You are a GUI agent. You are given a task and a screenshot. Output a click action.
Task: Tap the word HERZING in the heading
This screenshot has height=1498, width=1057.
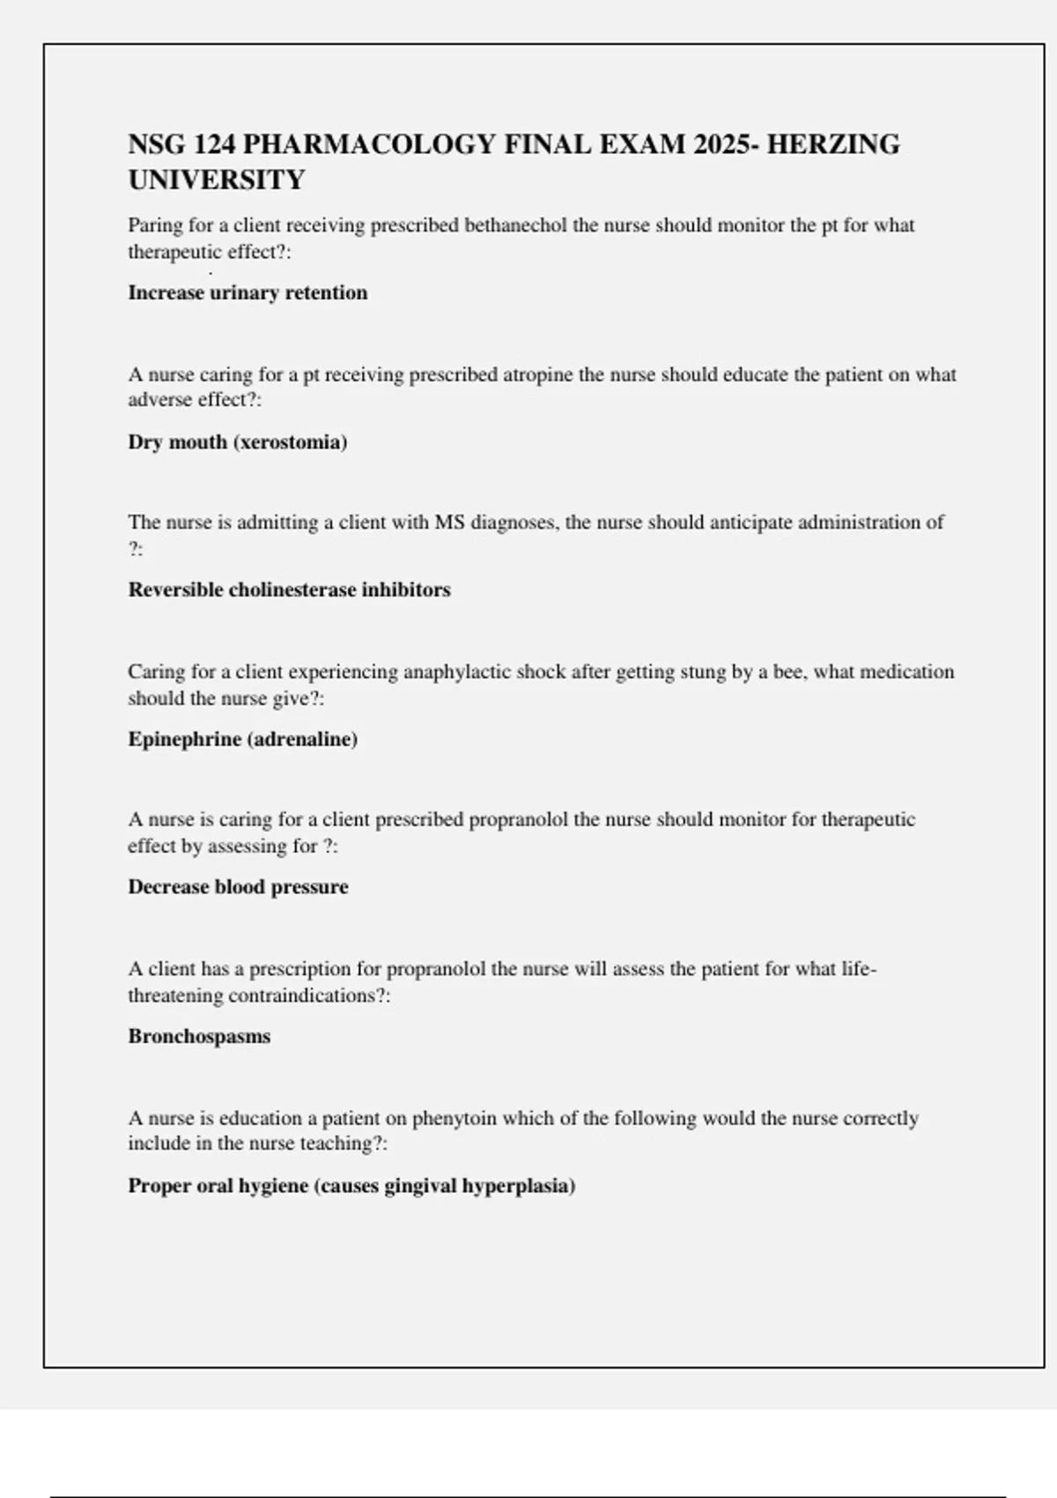833,144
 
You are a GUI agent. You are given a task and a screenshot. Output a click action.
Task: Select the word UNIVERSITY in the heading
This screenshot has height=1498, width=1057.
217,180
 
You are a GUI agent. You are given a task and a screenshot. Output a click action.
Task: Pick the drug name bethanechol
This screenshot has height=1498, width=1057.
515,226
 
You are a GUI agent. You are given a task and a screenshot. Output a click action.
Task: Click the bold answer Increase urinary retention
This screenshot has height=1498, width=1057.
248,293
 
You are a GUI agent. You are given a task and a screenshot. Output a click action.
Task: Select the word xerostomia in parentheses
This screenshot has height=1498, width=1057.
290,441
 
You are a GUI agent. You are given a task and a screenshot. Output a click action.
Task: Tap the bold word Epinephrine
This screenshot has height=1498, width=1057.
183,738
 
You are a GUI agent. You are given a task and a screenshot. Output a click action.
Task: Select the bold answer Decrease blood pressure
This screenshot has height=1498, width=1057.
238,886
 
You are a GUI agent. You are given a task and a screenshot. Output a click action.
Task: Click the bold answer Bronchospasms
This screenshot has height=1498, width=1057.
199,1036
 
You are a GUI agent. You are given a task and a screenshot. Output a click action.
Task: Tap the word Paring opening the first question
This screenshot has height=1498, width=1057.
155,226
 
